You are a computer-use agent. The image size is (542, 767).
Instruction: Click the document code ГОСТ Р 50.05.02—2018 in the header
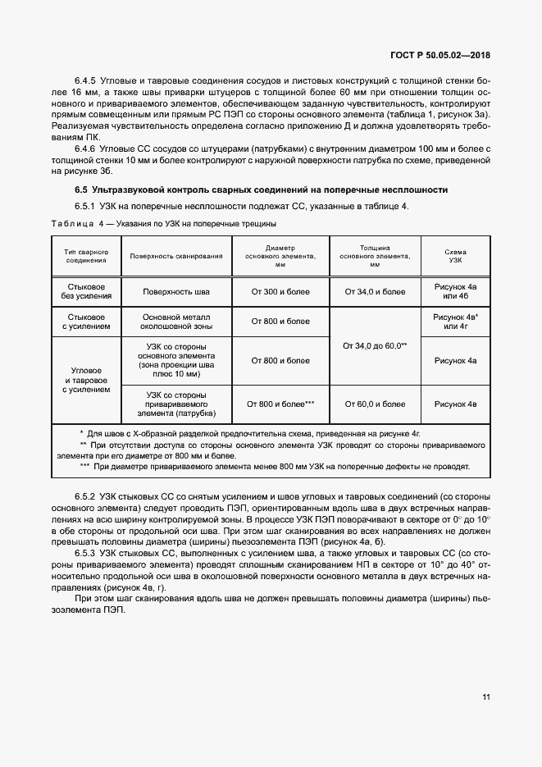(x=443, y=56)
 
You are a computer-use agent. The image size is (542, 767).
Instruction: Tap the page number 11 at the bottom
(x=486, y=697)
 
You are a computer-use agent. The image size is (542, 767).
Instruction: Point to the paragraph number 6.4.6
(x=86, y=147)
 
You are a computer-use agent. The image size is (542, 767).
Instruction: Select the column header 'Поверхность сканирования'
(x=176, y=256)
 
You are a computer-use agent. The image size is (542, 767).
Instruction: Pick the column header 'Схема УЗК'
(x=455, y=256)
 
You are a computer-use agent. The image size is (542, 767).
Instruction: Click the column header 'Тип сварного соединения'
(x=86, y=256)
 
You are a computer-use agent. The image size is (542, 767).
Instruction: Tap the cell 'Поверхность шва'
(x=176, y=291)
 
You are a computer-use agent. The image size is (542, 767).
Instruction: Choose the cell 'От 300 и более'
(x=280, y=291)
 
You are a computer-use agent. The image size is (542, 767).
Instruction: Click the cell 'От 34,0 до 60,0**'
(x=375, y=346)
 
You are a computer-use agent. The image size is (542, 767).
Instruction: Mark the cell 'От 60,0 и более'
(x=375, y=404)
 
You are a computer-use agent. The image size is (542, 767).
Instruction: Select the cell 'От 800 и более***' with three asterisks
(x=280, y=404)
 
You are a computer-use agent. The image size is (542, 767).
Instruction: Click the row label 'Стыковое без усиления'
(x=86, y=291)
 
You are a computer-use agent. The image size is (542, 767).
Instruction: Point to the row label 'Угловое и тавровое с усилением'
(x=86, y=381)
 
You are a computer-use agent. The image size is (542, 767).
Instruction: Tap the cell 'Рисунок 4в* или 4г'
(x=455, y=321)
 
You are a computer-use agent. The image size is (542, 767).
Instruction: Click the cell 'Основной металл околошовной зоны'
(x=176, y=321)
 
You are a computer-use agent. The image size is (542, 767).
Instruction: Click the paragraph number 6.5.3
(x=86, y=553)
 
